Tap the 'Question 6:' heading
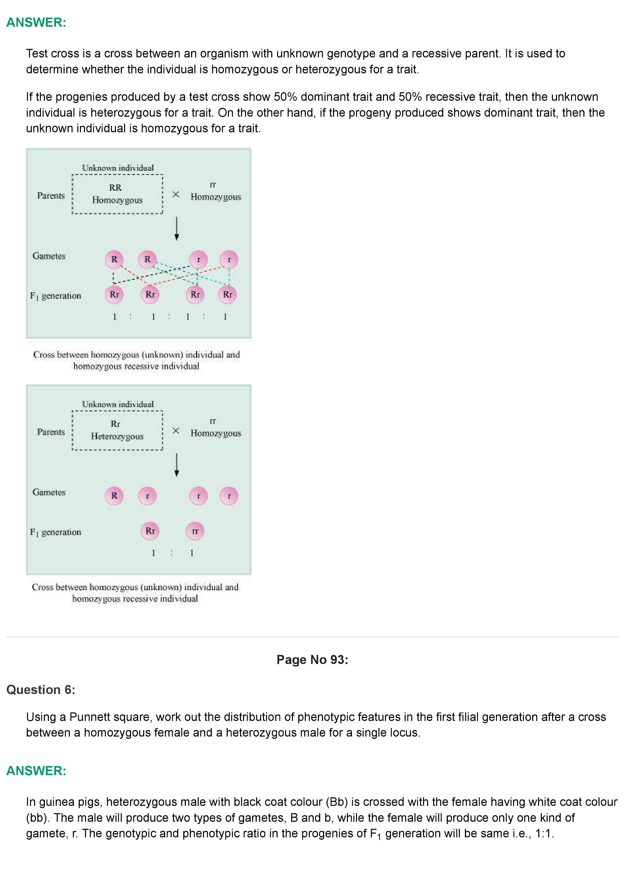[41, 689]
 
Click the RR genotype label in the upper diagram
[115, 187]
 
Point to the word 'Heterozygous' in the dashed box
[117, 436]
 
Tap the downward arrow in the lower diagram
[177, 465]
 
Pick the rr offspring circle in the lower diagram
[195, 531]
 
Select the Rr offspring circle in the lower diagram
[150, 531]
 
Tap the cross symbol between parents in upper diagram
[176, 195]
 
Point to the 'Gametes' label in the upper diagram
[49, 256]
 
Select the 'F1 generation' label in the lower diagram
[55, 532]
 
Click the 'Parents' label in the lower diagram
[51, 432]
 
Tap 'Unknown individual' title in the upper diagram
[118, 168]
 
